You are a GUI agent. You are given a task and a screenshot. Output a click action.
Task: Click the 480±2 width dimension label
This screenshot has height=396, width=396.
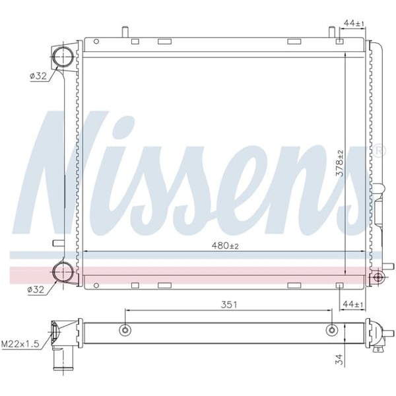click(224, 246)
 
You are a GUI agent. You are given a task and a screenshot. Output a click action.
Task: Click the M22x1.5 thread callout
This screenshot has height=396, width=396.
click(20, 343)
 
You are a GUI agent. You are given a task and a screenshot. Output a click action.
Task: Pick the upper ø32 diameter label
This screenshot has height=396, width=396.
click(38, 76)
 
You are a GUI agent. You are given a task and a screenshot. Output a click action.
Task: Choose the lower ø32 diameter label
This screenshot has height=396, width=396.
click(36, 289)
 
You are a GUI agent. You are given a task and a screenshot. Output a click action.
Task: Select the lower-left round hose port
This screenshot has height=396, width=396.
click(63, 271)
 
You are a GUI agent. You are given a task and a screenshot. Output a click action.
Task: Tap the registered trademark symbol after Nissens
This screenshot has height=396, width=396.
click(378, 151)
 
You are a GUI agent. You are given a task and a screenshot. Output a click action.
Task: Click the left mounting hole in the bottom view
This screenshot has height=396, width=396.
click(126, 331)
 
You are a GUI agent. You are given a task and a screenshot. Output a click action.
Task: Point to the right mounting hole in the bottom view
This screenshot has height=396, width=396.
click(332, 331)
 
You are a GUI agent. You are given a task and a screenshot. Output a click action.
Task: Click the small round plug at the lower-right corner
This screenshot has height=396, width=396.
click(378, 277)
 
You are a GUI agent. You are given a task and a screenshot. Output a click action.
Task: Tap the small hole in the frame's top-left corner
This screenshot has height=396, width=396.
click(96, 42)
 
